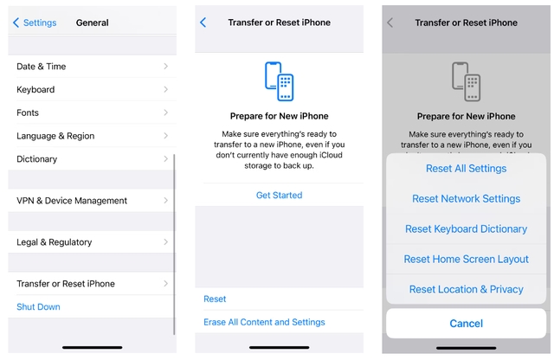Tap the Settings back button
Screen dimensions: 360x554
click(x=34, y=22)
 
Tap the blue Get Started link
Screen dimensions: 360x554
click(x=279, y=196)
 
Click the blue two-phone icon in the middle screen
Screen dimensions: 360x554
click(x=279, y=82)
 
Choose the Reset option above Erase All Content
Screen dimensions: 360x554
click(x=215, y=299)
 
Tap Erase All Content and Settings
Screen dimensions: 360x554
click(x=264, y=322)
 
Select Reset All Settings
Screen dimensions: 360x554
click(x=466, y=169)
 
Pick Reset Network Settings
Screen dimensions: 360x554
click(x=466, y=199)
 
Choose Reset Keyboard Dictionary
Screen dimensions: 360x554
click(x=466, y=229)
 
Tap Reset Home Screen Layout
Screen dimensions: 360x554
click(x=466, y=260)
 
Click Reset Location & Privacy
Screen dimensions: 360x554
click(x=466, y=290)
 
